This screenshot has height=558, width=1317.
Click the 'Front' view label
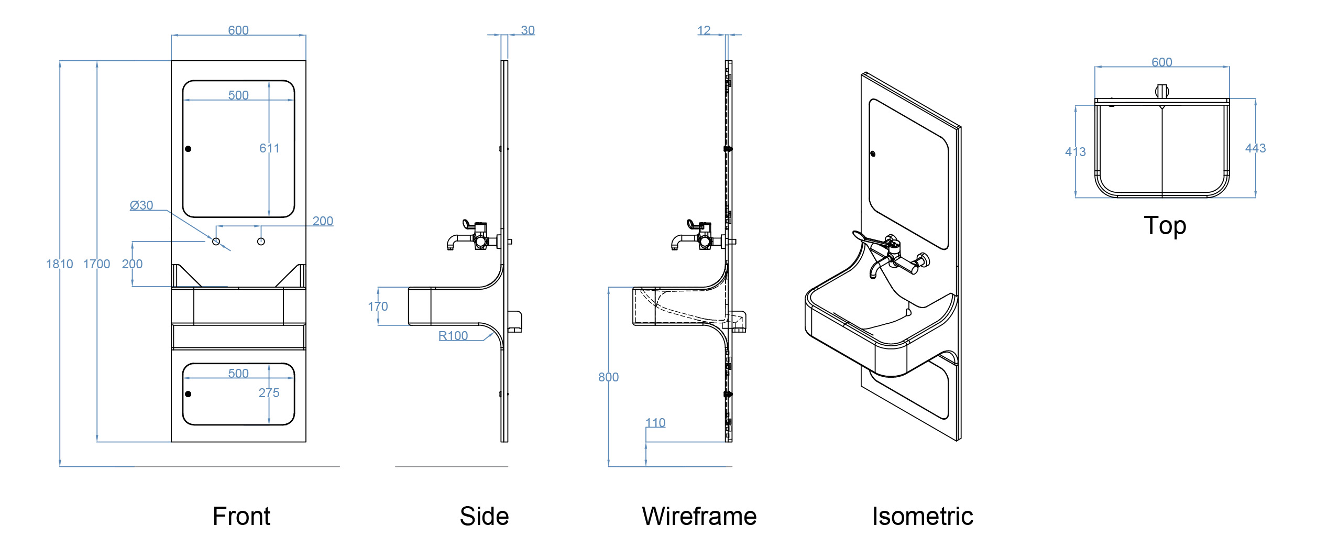242,516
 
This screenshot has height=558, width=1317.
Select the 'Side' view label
484,516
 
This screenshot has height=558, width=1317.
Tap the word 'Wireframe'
699,516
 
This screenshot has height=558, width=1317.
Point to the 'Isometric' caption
923,516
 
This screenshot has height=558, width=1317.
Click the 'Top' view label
1165,226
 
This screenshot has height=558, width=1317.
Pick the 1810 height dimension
59,264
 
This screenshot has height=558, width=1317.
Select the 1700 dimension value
96,264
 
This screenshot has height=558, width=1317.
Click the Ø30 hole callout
141,205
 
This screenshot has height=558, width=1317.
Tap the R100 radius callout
453,336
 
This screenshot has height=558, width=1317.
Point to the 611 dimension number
269,148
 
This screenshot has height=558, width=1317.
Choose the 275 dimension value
269,393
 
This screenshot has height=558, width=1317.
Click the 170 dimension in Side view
378,307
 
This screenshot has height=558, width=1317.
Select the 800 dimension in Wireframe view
608,377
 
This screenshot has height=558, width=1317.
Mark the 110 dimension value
655,423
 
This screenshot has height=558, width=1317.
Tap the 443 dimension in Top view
1255,148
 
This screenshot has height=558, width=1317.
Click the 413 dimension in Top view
1075,152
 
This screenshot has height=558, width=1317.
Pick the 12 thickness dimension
704,30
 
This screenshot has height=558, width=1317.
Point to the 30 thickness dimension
528,30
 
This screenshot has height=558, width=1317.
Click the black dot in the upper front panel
188,149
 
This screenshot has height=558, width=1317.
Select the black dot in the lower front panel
188,394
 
